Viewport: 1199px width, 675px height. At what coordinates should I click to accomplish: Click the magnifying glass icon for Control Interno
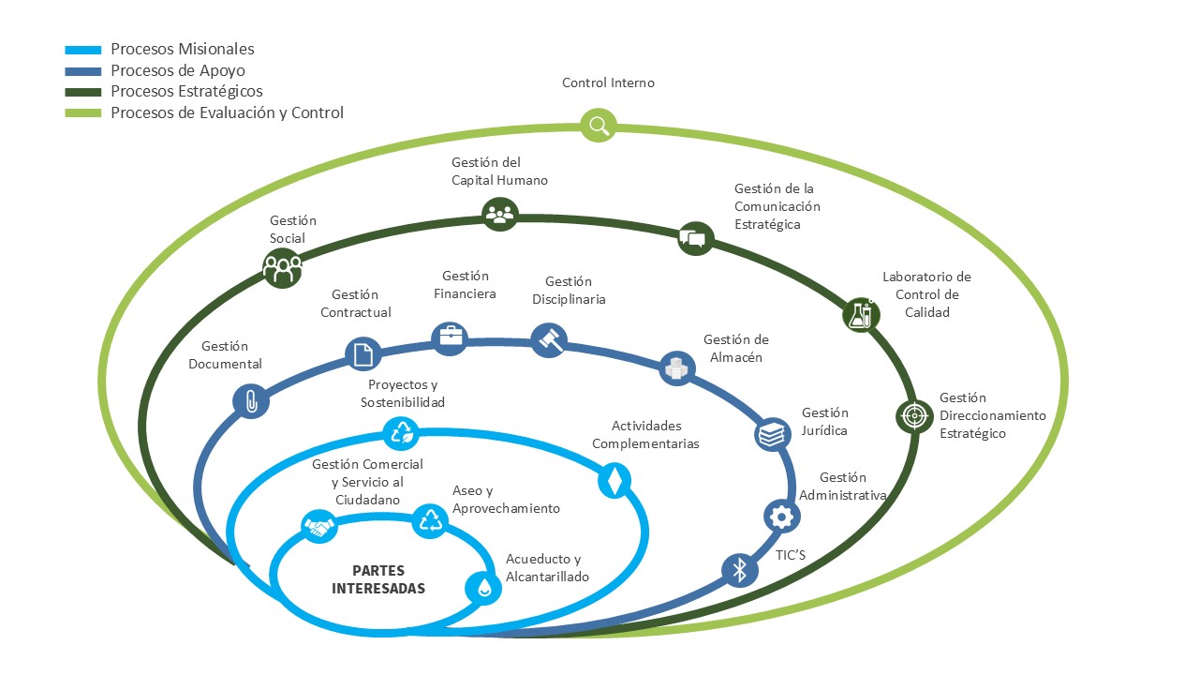click(599, 125)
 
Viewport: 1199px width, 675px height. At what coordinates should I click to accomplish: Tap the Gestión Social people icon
click(283, 269)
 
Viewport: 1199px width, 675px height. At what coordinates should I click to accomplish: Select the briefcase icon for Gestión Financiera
click(450, 337)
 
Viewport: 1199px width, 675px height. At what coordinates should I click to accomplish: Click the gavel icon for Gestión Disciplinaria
click(549, 339)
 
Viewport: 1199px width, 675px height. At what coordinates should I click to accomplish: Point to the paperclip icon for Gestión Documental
click(251, 401)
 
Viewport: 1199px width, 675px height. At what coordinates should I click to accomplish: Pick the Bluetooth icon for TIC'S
click(739, 569)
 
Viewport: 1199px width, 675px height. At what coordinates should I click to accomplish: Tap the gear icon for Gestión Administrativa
click(781, 516)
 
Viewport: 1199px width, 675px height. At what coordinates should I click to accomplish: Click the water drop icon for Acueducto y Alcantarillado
click(483, 587)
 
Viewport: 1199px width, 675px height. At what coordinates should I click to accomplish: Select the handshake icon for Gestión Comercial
click(319, 527)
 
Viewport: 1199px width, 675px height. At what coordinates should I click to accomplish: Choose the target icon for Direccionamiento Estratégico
click(913, 415)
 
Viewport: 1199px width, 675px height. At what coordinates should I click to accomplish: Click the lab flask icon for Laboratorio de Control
click(860, 314)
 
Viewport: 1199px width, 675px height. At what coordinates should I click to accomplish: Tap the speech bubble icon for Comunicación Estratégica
click(694, 238)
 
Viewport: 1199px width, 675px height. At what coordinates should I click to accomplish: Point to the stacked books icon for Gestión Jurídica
click(772, 433)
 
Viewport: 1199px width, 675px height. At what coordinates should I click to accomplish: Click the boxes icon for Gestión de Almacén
click(676, 368)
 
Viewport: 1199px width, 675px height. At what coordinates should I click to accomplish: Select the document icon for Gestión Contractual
click(363, 353)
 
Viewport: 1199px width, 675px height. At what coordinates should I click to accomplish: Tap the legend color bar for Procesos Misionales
click(83, 50)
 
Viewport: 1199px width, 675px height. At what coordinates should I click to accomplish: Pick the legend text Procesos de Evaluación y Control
click(227, 113)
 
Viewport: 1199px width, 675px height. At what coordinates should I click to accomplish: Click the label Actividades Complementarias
click(645, 435)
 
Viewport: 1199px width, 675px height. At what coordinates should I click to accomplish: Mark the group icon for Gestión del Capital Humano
click(499, 213)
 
